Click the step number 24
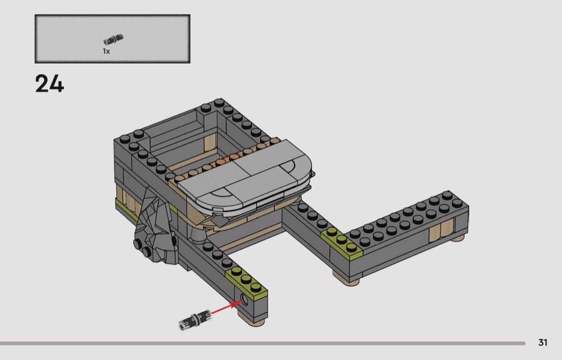(x=49, y=84)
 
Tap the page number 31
(x=543, y=342)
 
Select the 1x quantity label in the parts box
(x=106, y=51)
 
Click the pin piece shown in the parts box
(x=113, y=40)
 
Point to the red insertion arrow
(x=226, y=308)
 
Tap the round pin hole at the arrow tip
(x=245, y=299)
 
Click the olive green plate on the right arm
(x=341, y=241)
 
